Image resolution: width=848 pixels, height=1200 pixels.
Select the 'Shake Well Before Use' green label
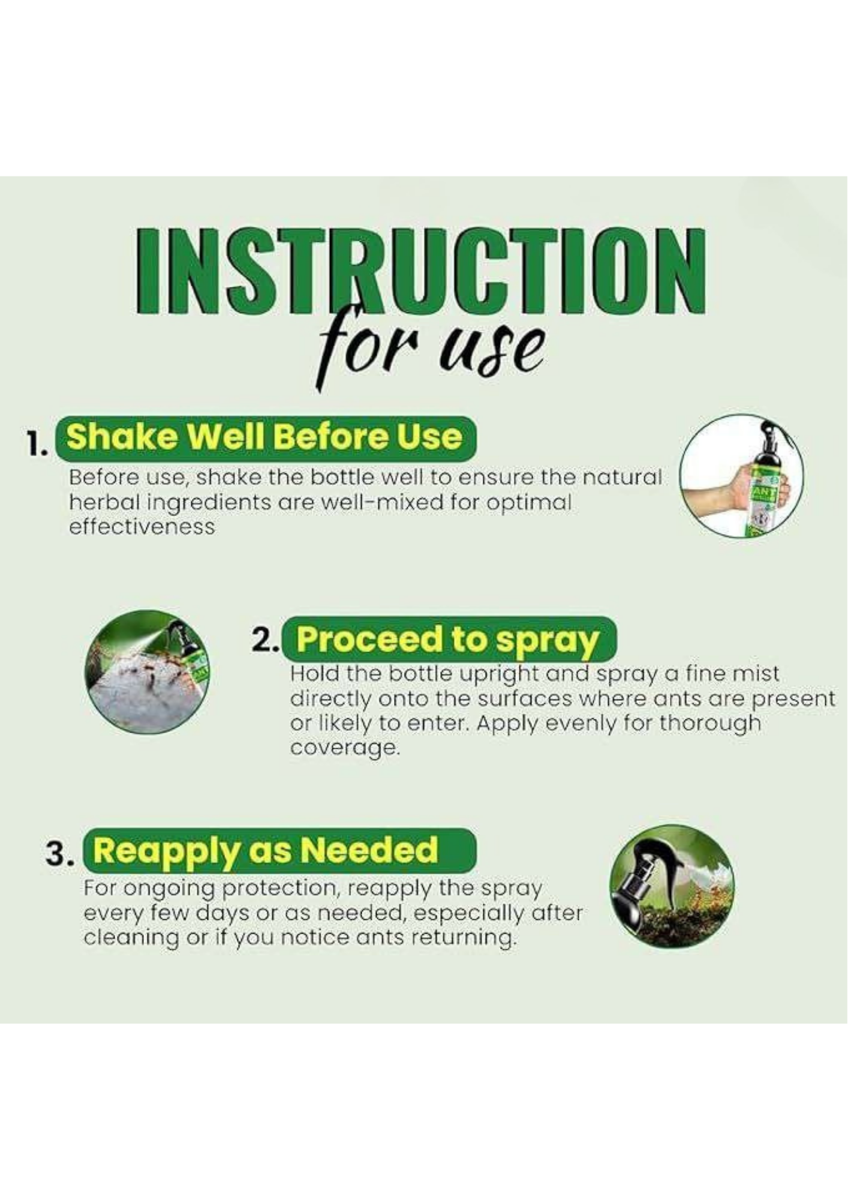pyautogui.click(x=265, y=437)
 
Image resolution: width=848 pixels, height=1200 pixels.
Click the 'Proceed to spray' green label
pyautogui.click(x=448, y=639)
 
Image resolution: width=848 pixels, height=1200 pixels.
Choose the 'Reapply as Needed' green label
pyautogui.click(x=279, y=850)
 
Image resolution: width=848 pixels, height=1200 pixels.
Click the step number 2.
pyautogui.click(x=264, y=640)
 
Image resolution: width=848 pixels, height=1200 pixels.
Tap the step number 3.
pyautogui.click(x=59, y=854)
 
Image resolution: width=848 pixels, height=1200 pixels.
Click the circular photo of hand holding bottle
pyautogui.click(x=742, y=476)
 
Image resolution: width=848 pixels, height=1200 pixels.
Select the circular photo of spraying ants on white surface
pyautogui.click(x=148, y=672)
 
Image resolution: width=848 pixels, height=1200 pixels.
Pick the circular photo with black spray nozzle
pyautogui.click(x=672, y=886)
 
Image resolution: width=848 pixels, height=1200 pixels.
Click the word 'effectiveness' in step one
pyautogui.click(x=142, y=527)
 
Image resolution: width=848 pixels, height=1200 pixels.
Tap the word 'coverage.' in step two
pyautogui.click(x=344, y=748)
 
